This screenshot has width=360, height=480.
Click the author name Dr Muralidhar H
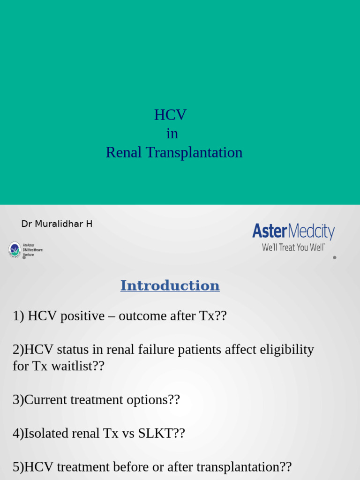[x=57, y=224]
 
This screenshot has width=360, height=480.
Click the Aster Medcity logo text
[x=293, y=232]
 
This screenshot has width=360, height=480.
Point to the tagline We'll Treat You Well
[x=293, y=247]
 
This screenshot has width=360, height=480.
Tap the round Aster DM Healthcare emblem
[x=15, y=249]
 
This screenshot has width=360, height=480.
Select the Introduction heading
[x=170, y=285]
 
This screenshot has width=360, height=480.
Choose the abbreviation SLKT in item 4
[x=156, y=433]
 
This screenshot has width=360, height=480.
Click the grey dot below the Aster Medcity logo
[x=334, y=257]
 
